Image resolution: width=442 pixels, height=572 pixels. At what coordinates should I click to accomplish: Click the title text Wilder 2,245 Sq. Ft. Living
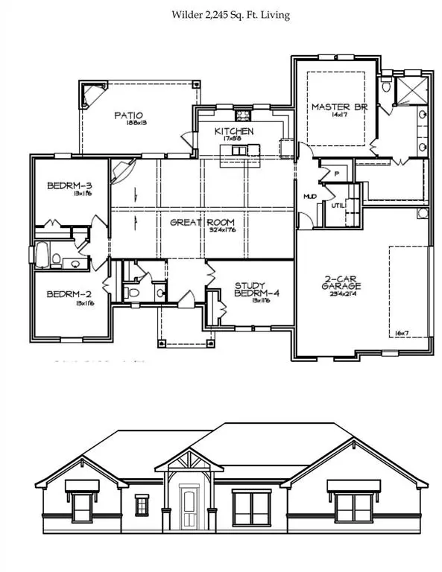[x=221, y=14]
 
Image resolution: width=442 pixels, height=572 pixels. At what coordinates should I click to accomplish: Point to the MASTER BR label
[x=335, y=107]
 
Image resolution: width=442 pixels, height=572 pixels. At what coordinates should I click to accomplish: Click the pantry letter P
[x=337, y=174]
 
